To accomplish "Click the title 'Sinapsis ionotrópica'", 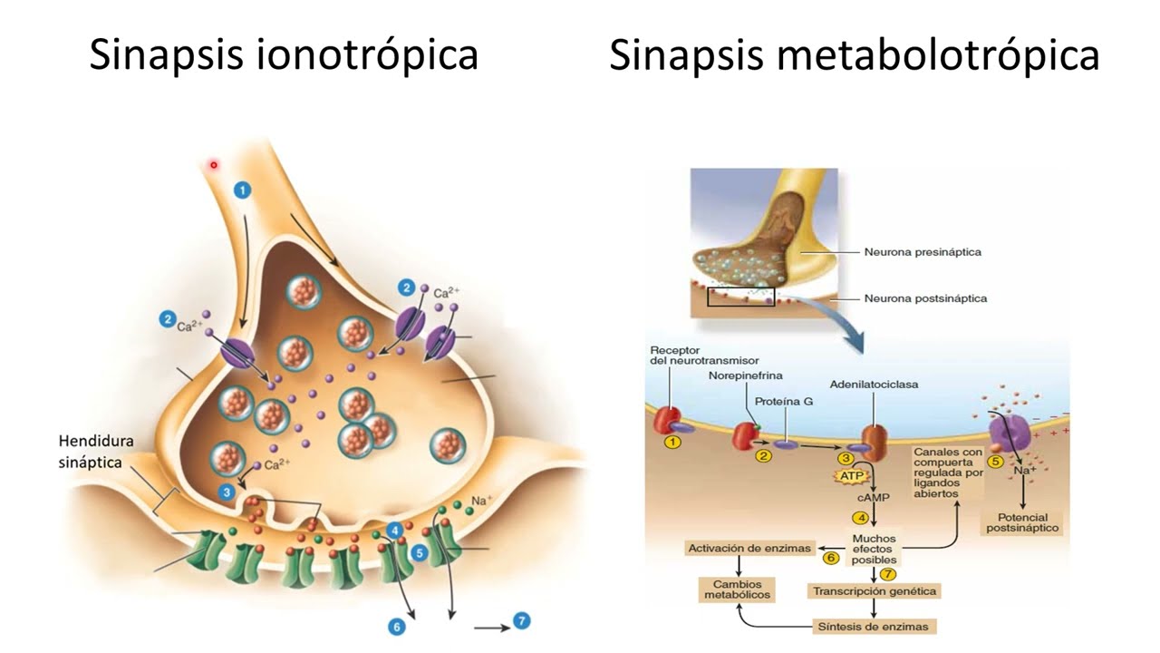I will pyautogui.click(x=284, y=55).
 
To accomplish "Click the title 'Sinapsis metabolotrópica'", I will pyautogui.click(x=854, y=55).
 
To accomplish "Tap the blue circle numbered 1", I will pyautogui.click(x=242, y=190).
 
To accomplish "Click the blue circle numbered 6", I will pyautogui.click(x=396, y=626).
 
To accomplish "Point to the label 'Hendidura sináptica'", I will pyautogui.click(x=96, y=452).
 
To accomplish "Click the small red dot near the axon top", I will pyautogui.click(x=214, y=165).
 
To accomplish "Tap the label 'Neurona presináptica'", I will pyautogui.click(x=923, y=252).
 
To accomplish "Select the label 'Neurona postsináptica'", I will pyautogui.click(x=925, y=298).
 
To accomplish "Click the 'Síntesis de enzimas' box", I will pyautogui.click(x=875, y=627).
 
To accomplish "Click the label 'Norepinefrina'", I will pyautogui.click(x=746, y=375).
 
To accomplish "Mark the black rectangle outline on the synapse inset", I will pyautogui.click(x=741, y=297).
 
